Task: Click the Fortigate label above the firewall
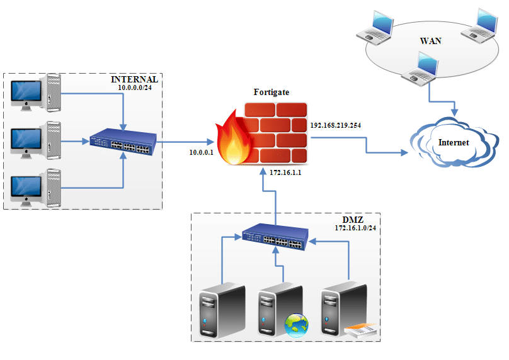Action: pos(272,93)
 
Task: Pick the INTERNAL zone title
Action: pos(134,80)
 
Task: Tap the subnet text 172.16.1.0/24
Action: pos(355,228)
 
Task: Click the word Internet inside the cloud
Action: pos(454,143)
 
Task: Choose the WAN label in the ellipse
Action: pos(431,41)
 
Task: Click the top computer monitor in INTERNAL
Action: pos(27,93)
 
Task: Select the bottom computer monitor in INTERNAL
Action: pos(27,189)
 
